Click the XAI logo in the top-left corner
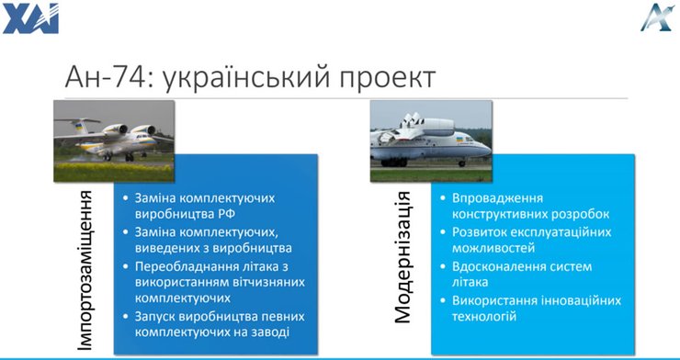[30, 17]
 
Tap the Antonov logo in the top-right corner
[656, 17]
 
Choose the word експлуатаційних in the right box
[561, 231]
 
